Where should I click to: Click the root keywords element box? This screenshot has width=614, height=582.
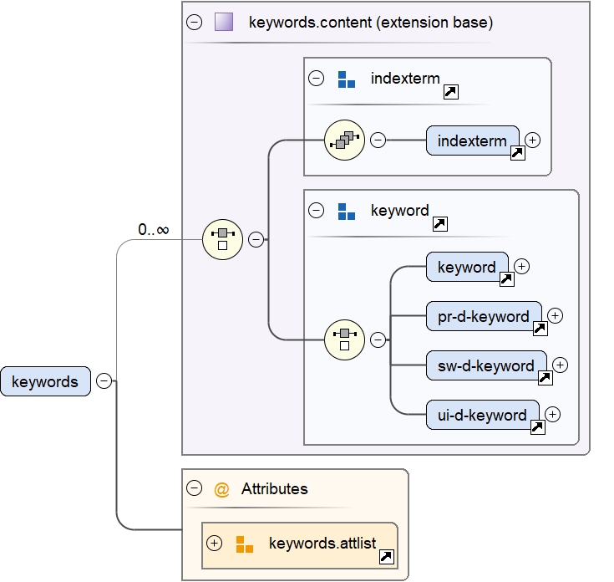pos(45,381)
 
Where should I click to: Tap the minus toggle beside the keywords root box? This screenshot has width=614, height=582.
pos(104,381)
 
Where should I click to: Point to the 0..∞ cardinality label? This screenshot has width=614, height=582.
pos(154,229)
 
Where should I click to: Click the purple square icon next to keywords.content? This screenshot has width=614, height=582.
pos(223,23)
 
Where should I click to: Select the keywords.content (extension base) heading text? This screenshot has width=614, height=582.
pos(370,23)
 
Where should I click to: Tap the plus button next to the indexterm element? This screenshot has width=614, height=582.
pos(532,140)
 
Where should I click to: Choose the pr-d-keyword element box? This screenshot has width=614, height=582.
pos(484,316)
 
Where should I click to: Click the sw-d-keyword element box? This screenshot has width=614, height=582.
pos(486,365)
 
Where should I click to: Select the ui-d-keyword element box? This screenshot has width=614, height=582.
pos(482,415)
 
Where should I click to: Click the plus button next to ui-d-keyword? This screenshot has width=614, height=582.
pos(552,414)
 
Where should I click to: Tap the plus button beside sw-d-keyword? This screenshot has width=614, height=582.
pos(560,365)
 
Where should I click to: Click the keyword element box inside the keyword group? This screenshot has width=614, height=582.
pos(466,267)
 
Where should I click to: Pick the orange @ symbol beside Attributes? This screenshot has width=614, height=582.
pos(221,489)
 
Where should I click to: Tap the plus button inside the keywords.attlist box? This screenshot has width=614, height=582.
pos(215,544)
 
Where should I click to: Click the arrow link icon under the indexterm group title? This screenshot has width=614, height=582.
pos(450,92)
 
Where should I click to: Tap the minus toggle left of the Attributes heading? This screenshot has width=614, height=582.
pos(195,489)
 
